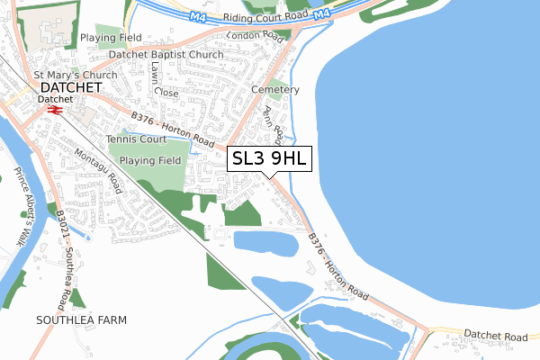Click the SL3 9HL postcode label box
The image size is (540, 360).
(270, 159)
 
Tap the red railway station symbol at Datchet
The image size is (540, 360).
(54, 109)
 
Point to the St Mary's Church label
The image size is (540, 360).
(68, 75)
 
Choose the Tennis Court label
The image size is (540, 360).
(136, 139)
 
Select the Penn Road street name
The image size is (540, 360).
(272, 122)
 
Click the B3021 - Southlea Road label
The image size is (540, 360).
(64, 257)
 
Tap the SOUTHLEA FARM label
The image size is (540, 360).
(81, 319)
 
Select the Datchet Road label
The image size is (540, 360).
(495, 336)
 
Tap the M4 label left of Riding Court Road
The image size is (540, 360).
(197, 16)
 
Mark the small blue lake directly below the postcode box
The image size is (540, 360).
(265, 241)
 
